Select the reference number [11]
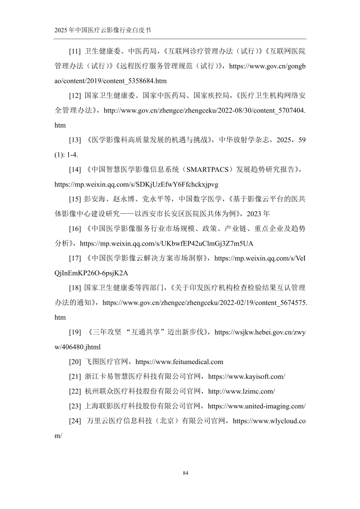[x=75, y=51]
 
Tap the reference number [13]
[x=75, y=140]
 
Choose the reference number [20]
[x=75, y=362]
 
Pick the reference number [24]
[x=75, y=421]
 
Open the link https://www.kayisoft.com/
[x=247, y=376]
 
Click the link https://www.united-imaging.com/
[x=257, y=406]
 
